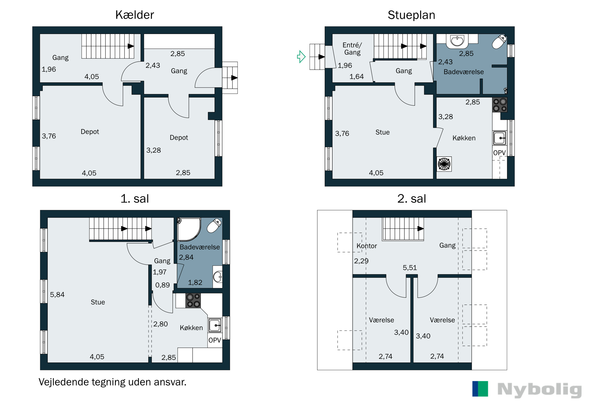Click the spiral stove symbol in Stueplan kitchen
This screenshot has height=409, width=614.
pyautogui.click(x=444, y=164)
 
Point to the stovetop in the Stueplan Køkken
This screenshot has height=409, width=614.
pyautogui.click(x=500, y=105)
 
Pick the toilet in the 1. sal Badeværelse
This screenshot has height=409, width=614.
pyautogui.click(x=214, y=226)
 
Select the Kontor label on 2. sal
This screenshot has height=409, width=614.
pyautogui.click(x=367, y=246)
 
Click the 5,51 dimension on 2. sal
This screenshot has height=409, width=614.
pyautogui.click(x=410, y=268)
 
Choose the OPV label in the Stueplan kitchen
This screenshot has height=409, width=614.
pyautogui.click(x=499, y=153)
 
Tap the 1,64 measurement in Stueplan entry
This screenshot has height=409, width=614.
pyautogui.click(x=357, y=76)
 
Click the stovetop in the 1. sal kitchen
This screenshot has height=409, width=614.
pyautogui.click(x=193, y=301)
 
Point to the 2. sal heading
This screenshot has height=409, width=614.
pyautogui.click(x=412, y=199)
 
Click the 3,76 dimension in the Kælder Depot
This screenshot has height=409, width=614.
pyautogui.click(x=49, y=136)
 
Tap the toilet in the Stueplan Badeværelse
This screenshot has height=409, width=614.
pyautogui.click(x=499, y=42)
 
